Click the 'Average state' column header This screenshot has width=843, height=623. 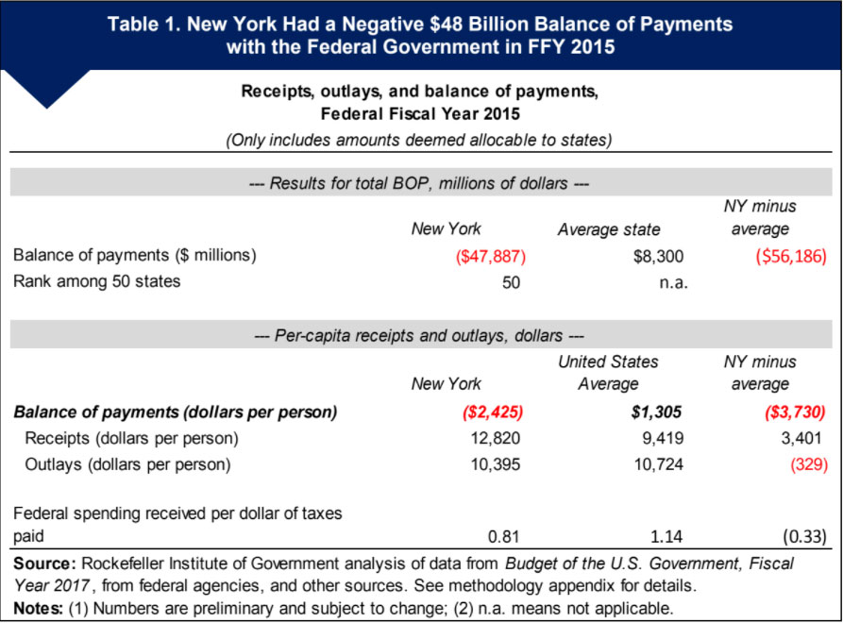(608, 228)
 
